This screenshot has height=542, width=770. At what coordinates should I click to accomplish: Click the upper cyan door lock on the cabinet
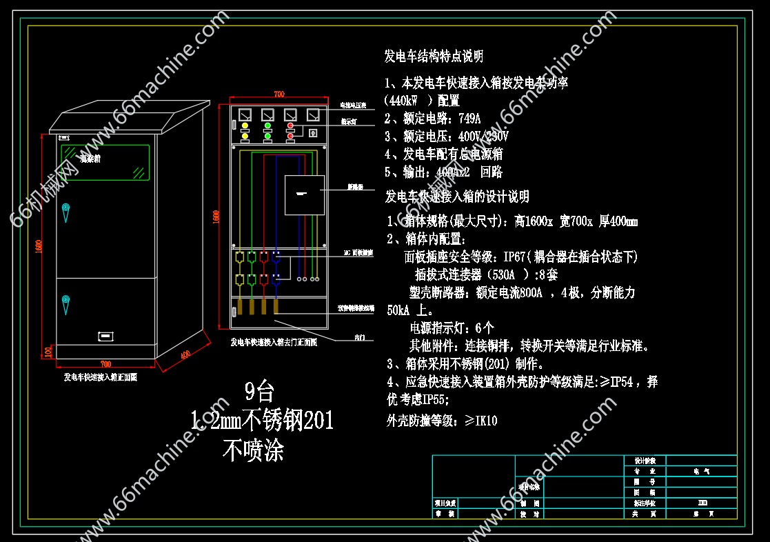tap(65, 208)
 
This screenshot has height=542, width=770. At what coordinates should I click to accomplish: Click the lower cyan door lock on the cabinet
tap(65, 301)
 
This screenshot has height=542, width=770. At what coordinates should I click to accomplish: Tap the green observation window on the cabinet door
tap(105, 162)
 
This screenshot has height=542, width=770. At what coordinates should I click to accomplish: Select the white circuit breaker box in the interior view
tap(304, 195)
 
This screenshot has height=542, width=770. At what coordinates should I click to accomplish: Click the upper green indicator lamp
tap(267, 126)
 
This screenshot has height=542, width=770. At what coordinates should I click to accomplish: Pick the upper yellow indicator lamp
tap(245, 126)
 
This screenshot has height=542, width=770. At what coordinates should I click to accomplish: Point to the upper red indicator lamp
tap(290, 126)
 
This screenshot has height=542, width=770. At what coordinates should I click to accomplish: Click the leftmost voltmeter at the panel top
tap(245, 114)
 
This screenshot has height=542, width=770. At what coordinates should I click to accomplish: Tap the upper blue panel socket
tap(276, 257)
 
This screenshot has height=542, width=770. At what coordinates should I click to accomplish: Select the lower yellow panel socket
tap(239, 279)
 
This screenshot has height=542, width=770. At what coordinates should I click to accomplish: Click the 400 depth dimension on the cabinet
tap(185, 354)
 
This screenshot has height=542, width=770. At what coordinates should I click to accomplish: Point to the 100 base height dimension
tap(48, 352)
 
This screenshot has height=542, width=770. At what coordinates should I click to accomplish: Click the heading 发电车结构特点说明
tap(434, 56)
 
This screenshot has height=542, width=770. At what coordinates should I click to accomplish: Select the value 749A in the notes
tap(469, 118)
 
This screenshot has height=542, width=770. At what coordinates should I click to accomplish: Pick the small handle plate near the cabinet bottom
tap(105, 337)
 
